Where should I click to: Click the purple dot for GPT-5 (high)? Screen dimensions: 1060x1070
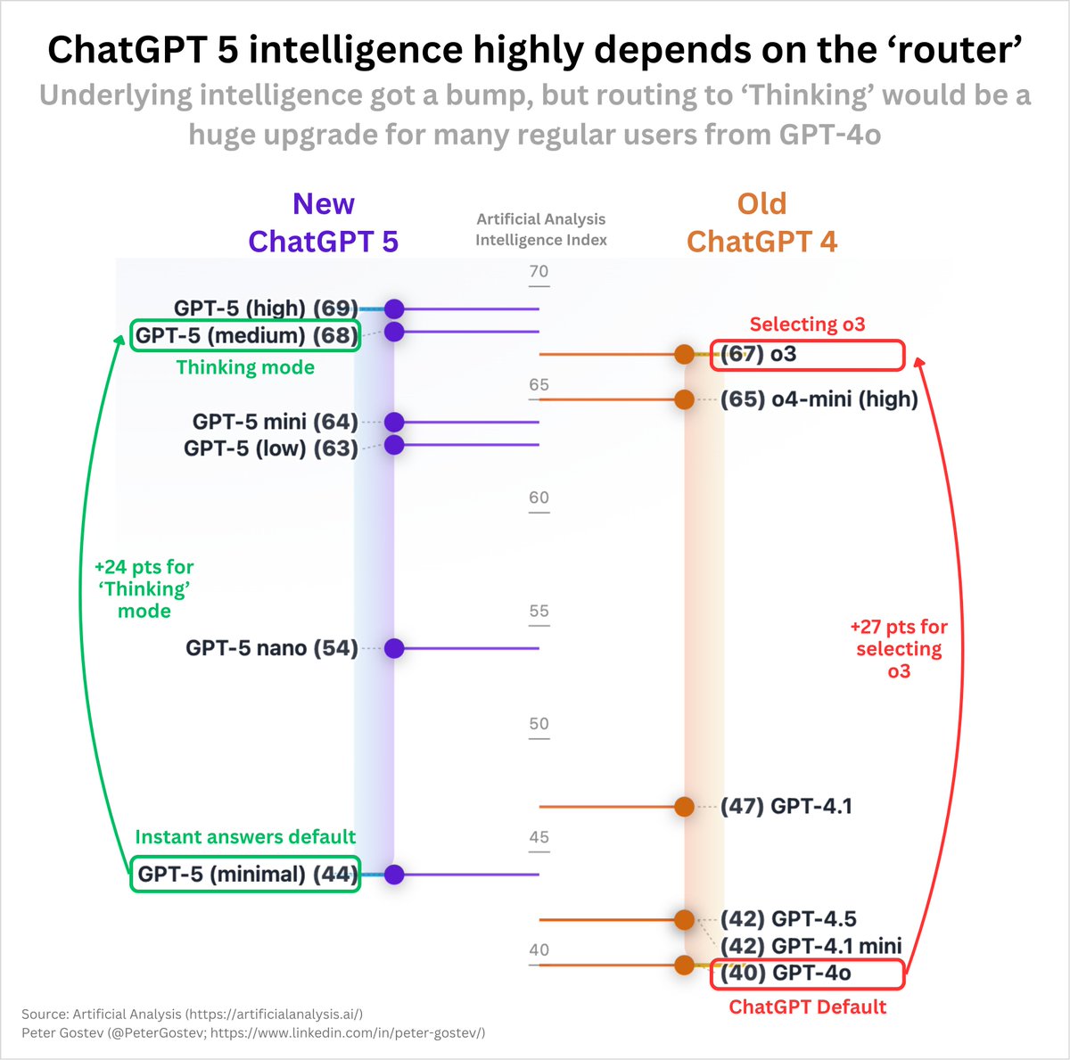394,309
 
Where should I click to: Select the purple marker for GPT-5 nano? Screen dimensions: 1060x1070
394,648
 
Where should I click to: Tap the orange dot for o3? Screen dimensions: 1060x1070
684,354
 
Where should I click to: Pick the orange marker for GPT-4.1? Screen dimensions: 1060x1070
684,807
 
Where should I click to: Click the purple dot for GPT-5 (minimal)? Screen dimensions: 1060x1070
394,875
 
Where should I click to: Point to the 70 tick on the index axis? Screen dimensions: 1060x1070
539,272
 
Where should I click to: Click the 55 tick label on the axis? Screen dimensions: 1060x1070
539,612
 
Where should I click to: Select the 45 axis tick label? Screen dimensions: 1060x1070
539,837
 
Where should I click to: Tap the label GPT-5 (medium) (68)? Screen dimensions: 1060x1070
246,335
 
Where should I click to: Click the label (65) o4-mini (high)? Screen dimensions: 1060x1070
819,399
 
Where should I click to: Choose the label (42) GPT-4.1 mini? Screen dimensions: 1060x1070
811,946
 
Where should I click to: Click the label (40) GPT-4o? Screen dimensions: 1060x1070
786,974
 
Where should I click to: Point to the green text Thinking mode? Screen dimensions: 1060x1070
245,367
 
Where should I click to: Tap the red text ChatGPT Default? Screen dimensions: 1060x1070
808,1007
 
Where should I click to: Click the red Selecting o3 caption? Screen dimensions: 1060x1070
807,325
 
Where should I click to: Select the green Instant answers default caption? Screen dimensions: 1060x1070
245,837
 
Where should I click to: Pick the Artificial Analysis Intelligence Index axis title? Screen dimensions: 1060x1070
540,229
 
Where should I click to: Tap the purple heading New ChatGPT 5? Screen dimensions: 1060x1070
323,223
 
